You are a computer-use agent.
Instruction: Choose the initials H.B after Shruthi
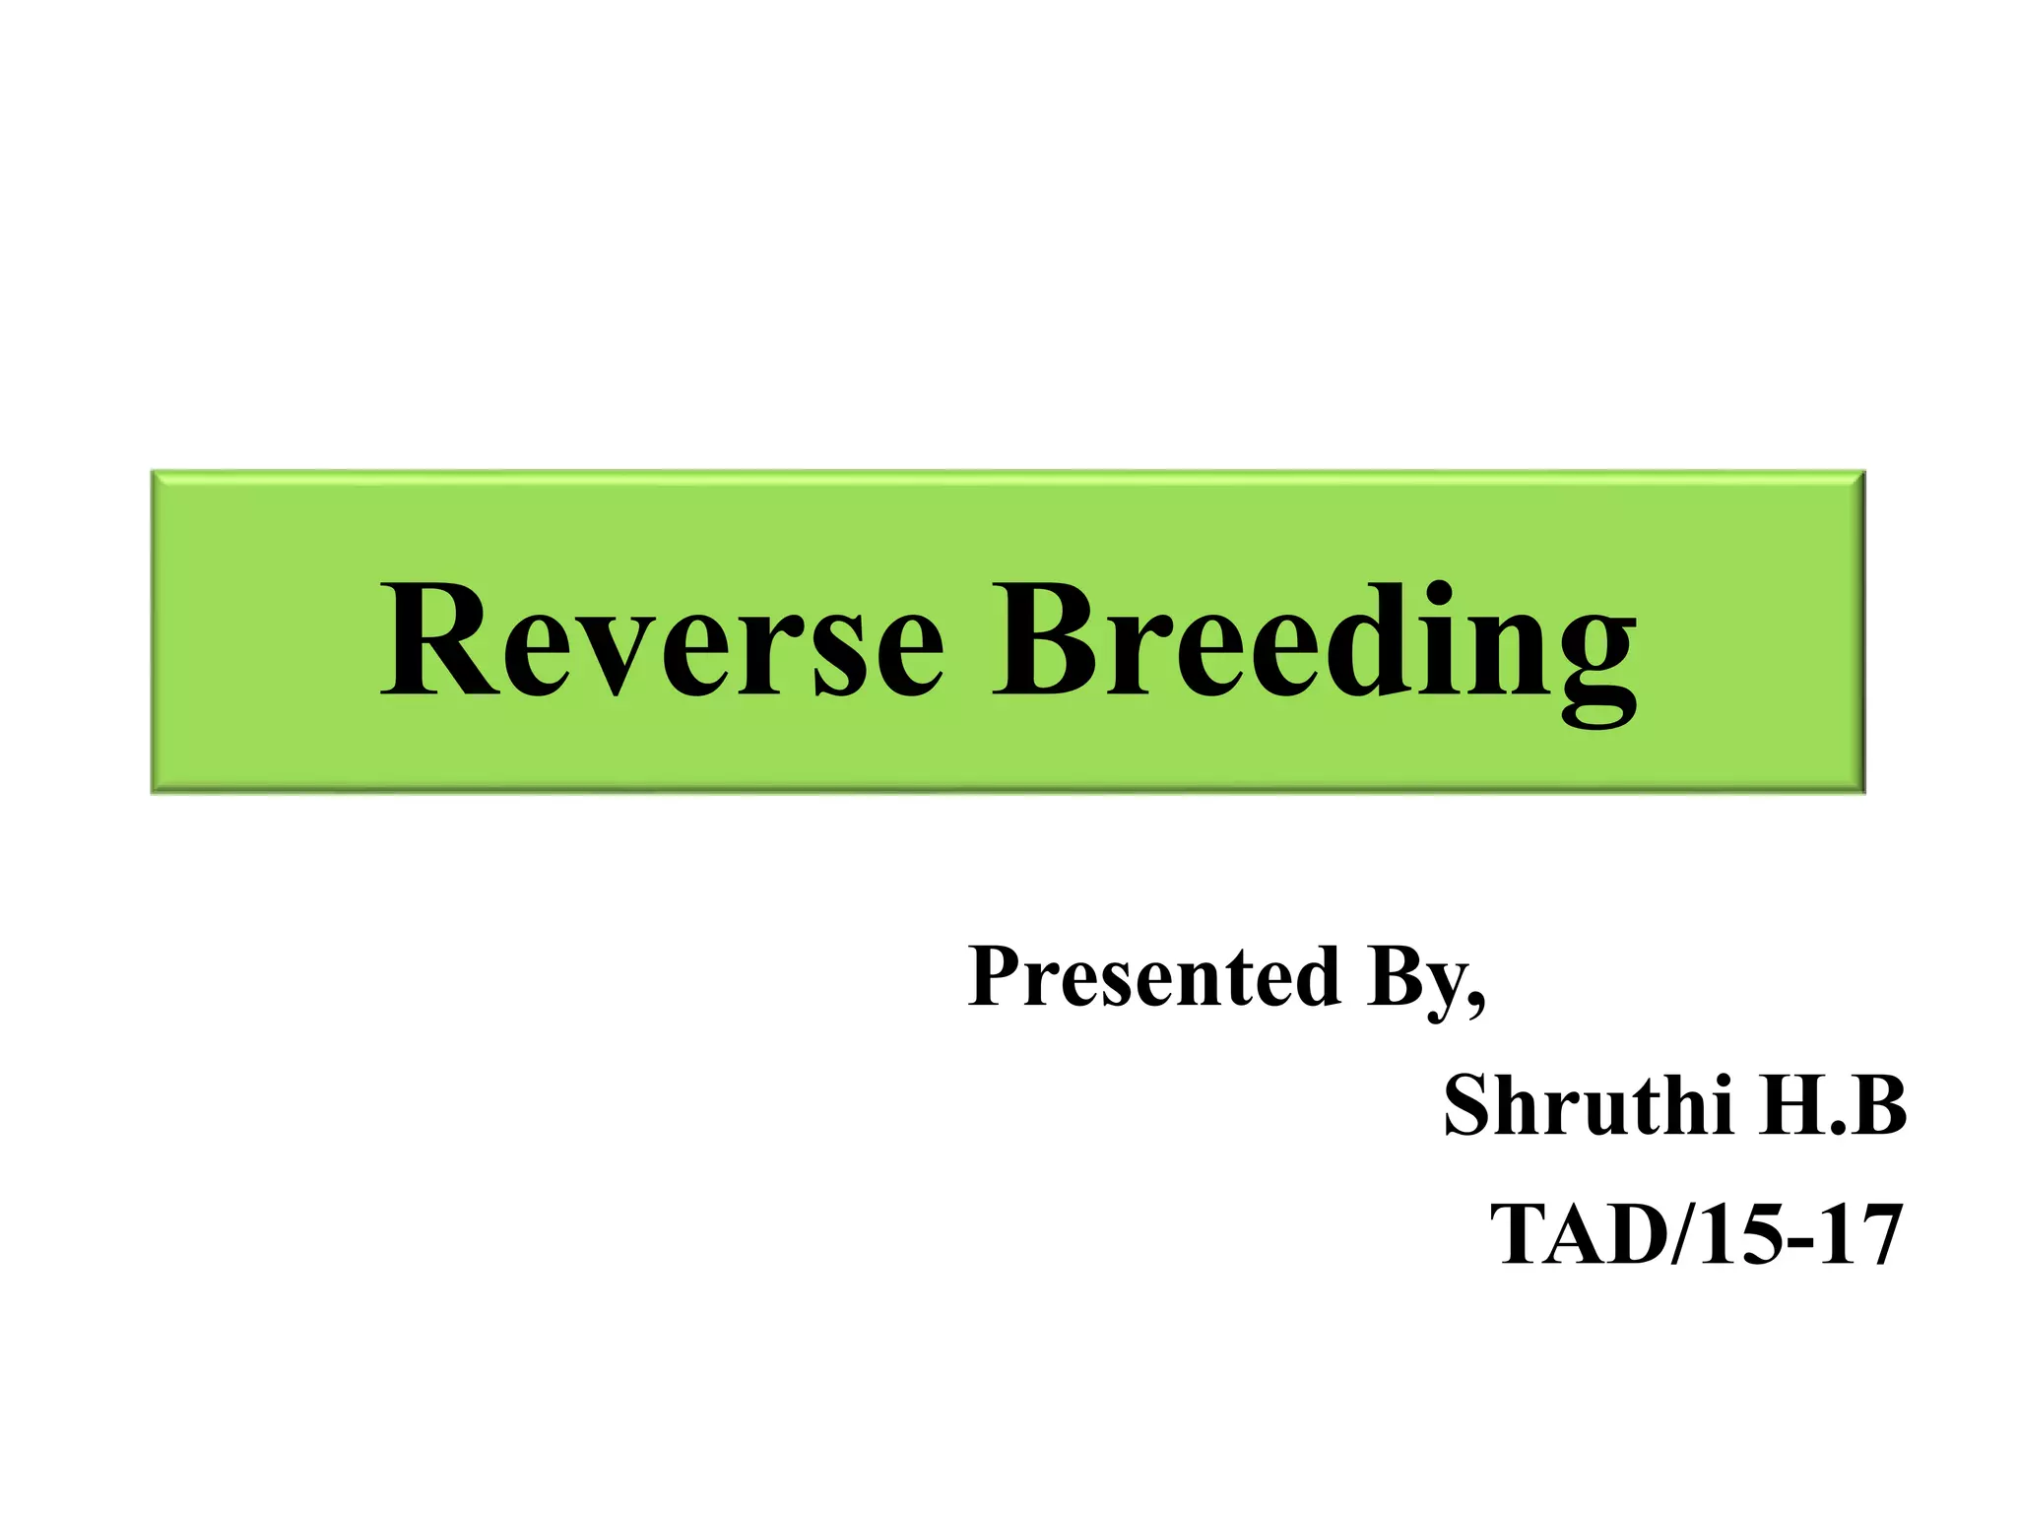1835,1105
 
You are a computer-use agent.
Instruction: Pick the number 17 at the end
1861,1235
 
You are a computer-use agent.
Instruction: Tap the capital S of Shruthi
1469,1105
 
